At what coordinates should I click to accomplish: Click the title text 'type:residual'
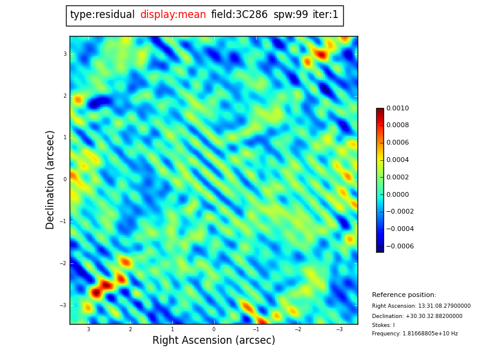[102, 15]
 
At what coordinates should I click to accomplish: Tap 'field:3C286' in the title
[239, 15]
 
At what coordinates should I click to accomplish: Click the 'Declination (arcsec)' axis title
[50, 179]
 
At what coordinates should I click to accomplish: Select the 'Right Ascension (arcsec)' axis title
[214, 341]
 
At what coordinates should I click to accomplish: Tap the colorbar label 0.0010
[397, 109]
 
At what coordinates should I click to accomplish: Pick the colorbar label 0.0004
[397, 160]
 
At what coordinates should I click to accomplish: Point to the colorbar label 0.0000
[397, 194]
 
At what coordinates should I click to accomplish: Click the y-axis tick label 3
[65, 54]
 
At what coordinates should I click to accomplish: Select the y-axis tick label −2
[64, 263]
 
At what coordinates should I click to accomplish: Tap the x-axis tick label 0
[214, 329]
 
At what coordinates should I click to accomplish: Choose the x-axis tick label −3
[339, 329]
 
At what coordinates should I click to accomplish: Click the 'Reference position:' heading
[404, 295]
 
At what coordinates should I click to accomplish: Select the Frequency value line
[415, 334]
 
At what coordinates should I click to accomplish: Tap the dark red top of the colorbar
[380, 110]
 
